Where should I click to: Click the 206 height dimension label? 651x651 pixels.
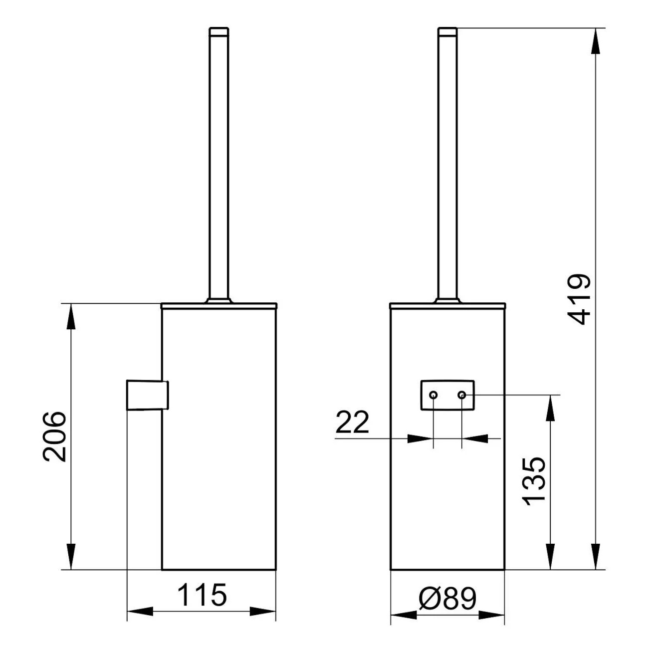click(55, 436)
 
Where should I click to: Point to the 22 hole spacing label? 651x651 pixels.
click(352, 422)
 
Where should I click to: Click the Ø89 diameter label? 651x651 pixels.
click(447, 598)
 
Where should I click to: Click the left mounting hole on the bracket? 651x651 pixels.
click(433, 395)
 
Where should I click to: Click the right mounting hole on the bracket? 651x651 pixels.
click(462, 395)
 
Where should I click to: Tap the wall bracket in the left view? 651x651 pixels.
click(147, 395)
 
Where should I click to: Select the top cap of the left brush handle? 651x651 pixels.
click(219, 31)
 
